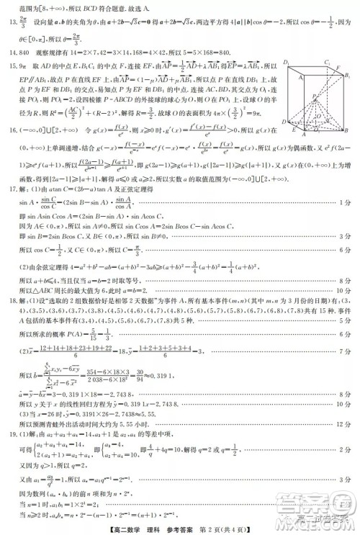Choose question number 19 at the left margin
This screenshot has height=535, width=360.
tap(12, 444)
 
